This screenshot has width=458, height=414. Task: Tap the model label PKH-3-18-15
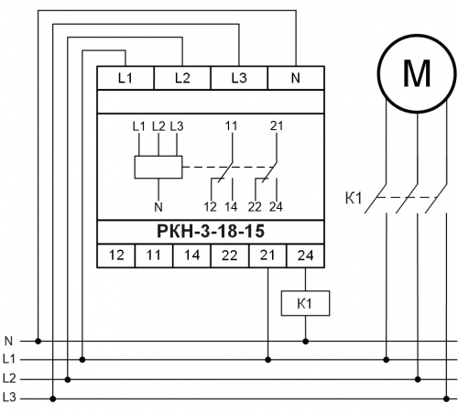click(211, 231)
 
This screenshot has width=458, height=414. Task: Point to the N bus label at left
click(8, 341)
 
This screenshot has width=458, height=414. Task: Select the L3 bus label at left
click(9, 398)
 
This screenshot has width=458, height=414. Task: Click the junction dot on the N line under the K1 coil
click(305, 341)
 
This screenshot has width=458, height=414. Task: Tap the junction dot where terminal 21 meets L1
click(268, 360)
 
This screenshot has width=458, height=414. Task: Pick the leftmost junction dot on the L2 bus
click(68, 379)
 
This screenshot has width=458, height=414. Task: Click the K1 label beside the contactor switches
click(354, 198)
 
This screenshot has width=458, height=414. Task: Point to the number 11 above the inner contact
click(231, 125)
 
